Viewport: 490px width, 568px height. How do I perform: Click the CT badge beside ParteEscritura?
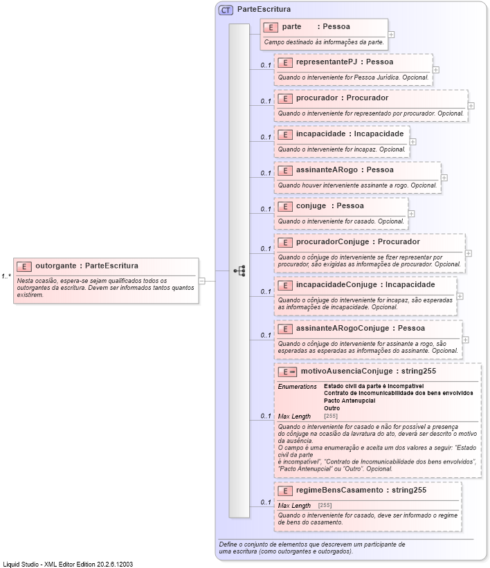pos(226,10)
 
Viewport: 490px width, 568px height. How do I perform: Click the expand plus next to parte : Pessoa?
pos(392,33)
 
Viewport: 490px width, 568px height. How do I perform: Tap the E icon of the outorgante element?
pos(24,266)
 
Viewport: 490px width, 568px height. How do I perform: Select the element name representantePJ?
pos(325,62)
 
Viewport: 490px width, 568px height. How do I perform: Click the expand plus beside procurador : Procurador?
pos(471,106)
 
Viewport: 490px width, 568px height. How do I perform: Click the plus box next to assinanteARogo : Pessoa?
pos(444,177)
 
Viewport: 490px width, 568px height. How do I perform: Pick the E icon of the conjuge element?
pos(285,206)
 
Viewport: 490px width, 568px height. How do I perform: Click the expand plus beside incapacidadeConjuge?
pos(460,296)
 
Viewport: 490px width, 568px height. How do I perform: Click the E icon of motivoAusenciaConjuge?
pos(287,372)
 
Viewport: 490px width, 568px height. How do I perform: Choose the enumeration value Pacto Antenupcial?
pos(349,401)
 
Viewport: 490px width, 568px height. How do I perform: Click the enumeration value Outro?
pos(332,408)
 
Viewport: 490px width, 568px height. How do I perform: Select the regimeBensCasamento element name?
pos(339,490)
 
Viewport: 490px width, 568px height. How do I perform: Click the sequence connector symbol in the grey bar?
pos(239,271)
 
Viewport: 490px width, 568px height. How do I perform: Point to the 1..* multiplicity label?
pos(6,277)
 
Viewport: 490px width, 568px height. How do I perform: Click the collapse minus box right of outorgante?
pos(202,281)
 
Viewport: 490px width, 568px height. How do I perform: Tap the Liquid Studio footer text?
pos(68,564)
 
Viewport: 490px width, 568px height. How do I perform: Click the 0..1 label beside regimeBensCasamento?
pos(265,502)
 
